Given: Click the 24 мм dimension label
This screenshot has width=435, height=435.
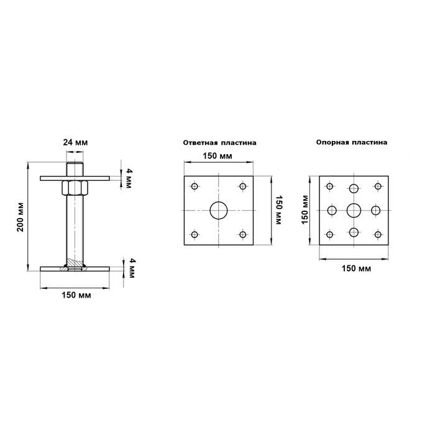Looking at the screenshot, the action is tap(75, 142).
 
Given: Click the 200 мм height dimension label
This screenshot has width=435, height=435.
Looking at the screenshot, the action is tap(21, 217).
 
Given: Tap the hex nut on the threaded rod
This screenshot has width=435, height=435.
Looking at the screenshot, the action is tap(75, 188).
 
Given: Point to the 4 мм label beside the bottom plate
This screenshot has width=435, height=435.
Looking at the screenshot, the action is tap(132, 268).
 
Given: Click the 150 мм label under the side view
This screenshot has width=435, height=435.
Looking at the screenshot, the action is tap(76, 295).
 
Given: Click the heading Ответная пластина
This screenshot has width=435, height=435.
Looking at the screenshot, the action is tap(219, 143).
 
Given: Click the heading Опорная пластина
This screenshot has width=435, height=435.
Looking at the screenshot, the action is tap(352, 142).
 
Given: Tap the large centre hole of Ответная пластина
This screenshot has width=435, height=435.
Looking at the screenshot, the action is tap(219, 210).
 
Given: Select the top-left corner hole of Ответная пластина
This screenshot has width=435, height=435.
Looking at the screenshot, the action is tap(195, 186).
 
